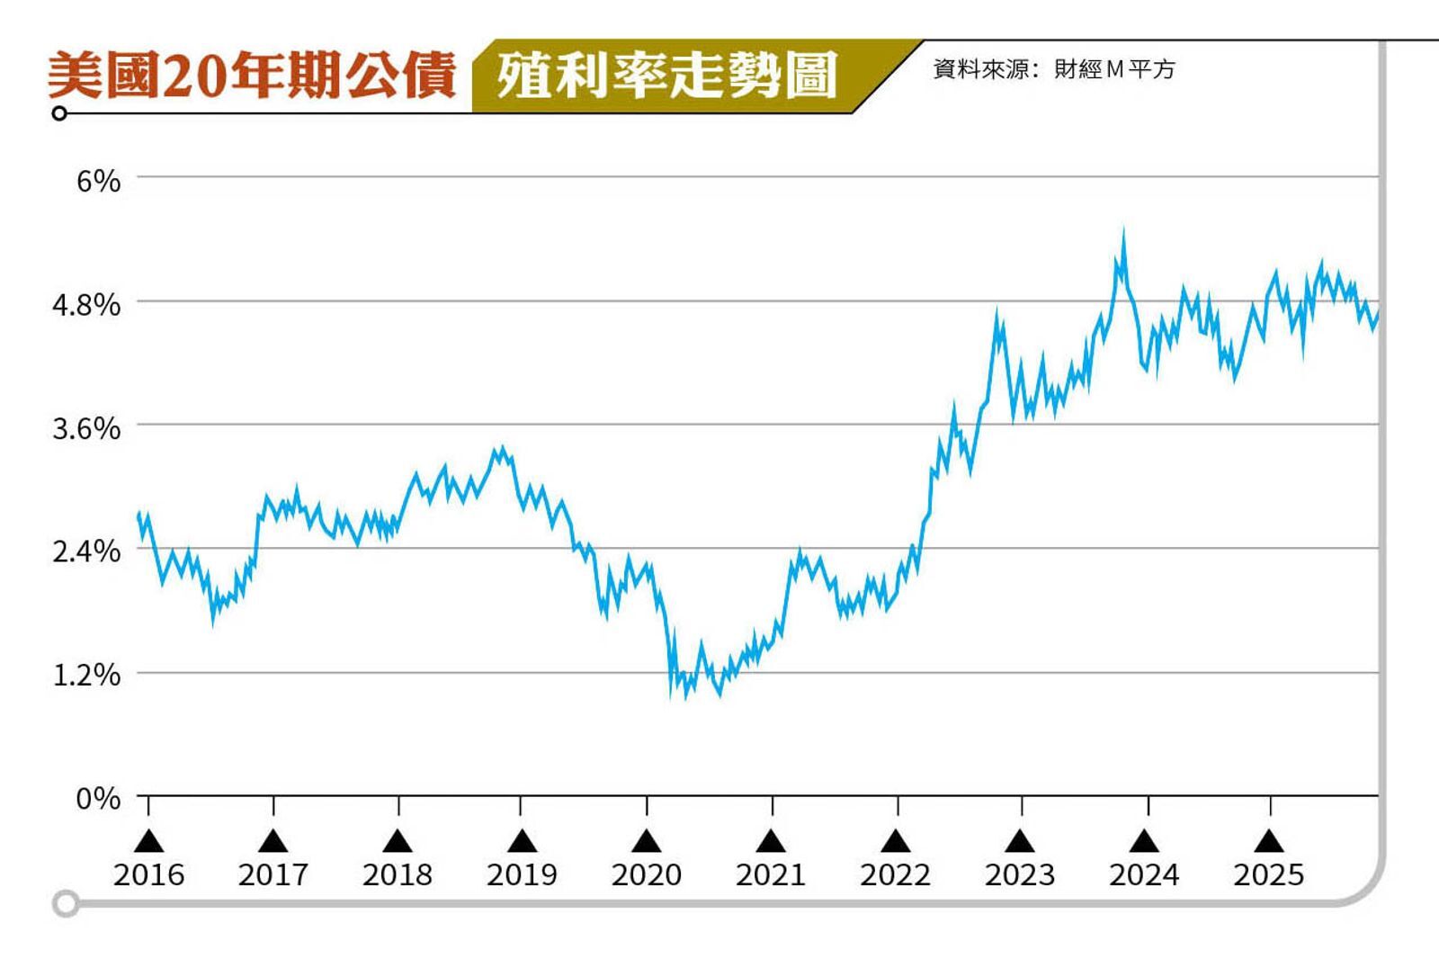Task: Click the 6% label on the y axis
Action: [98, 181]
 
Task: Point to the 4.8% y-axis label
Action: [86, 305]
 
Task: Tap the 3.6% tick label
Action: [86, 428]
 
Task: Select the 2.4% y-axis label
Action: [86, 551]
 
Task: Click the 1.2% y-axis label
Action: [86, 674]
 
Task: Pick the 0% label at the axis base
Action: [98, 798]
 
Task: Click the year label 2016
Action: [148, 874]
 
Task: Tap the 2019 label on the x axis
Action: [522, 874]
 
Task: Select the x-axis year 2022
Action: [895, 874]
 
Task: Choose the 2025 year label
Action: [1268, 874]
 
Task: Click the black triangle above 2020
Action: [646, 841]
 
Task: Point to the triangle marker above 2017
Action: [273, 841]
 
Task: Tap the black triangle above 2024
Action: [1144, 841]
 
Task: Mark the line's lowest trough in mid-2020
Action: [719, 694]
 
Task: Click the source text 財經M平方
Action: [1113, 69]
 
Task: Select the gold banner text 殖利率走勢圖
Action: [666, 75]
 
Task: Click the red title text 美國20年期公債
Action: [252, 75]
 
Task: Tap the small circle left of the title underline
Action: [59, 113]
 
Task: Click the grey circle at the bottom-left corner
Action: [66, 903]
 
